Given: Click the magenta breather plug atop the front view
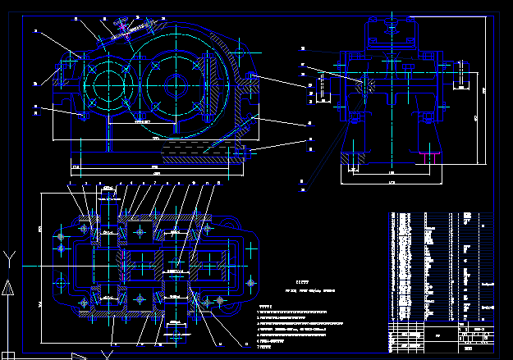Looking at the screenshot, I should pyautogui.click(x=124, y=25).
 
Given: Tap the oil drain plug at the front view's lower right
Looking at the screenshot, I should pyautogui.click(x=238, y=152).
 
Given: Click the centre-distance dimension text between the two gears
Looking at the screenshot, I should pyautogui.click(x=141, y=121).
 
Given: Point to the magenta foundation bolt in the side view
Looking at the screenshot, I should pyautogui.click(x=356, y=120).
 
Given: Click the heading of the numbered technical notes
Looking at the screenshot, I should pyautogui.click(x=263, y=308).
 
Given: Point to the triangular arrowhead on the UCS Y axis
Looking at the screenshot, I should pyautogui.click(x=7, y=288).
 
